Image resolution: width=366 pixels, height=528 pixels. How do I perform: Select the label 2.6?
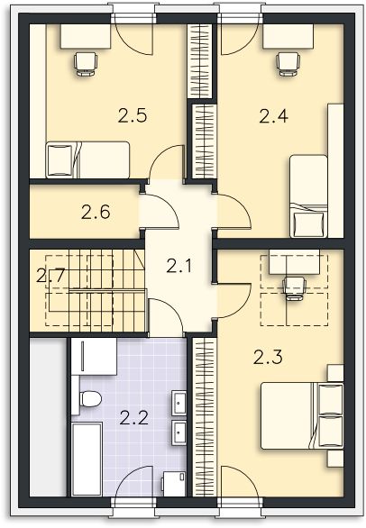[x=95, y=214]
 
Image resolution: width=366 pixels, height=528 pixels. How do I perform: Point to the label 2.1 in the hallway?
[x=178, y=267]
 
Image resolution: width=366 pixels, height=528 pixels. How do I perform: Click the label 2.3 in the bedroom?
[x=267, y=358]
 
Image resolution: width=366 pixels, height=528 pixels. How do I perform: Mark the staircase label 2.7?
[x=49, y=276]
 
